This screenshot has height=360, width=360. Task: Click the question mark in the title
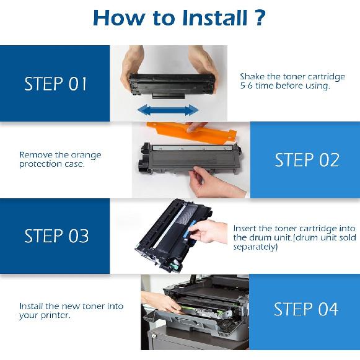(260, 17)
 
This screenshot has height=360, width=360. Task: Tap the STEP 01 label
(56, 84)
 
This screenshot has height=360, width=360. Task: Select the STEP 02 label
(307, 160)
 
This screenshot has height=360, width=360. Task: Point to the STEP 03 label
(56, 236)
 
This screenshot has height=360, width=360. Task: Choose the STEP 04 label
(306, 309)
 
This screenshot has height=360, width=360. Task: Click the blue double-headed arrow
(167, 110)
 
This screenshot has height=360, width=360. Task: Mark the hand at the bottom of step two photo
(208, 184)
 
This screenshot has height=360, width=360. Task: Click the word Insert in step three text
(245, 228)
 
